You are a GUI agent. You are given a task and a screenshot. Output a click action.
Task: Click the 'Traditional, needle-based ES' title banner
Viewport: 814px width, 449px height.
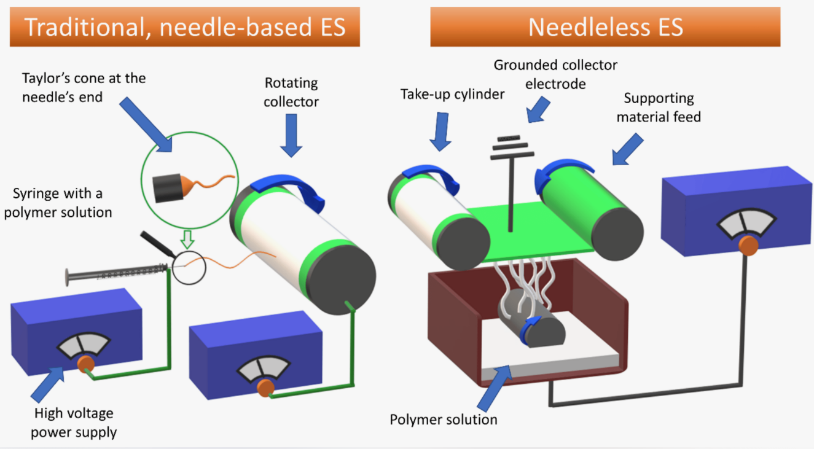tap(184, 27)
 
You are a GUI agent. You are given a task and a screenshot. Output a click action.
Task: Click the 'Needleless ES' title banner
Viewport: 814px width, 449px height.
tap(605, 27)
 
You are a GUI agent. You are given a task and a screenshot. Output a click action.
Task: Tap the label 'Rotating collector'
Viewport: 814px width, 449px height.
tap(291, 92)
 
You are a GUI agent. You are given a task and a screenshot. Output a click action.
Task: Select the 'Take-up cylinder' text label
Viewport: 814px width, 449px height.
tap(452, 94)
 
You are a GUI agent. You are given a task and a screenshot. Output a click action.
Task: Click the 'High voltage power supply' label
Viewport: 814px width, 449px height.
tap(74, 423)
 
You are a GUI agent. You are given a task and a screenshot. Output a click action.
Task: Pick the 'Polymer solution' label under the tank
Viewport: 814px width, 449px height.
tap(443, 420)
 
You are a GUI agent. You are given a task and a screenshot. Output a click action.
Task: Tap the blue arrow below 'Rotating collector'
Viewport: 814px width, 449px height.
tap(291, 138)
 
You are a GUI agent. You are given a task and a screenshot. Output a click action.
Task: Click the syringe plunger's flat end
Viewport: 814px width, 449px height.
tap(66, 276)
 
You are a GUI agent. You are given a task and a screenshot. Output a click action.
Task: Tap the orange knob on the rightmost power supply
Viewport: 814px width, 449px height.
tap(748, 244)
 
